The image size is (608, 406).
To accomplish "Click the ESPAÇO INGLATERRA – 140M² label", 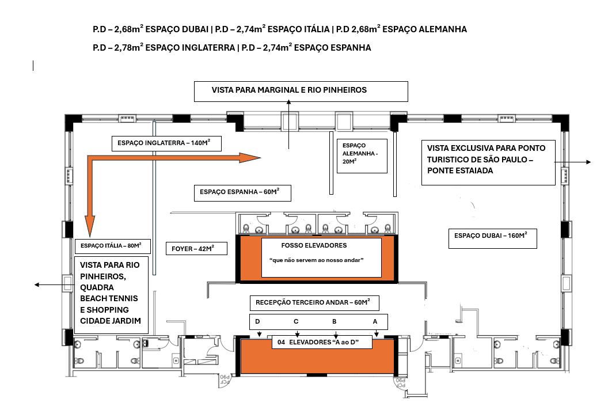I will [x=166, y=143].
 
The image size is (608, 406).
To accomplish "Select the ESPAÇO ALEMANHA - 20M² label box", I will [x=361, y=154].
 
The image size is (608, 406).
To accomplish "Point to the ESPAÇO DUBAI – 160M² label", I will [x=492, y=236].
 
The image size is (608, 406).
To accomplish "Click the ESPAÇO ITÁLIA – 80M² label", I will [x=112, y=246].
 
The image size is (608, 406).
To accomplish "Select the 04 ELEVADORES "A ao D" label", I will [x=322, y=343].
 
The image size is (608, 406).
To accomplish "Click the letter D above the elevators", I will [x=258, y=321].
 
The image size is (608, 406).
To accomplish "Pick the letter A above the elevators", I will [x=375, y=321].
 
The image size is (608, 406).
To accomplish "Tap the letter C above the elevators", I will [x=296, y=321].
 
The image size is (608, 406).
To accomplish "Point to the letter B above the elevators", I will [x=335, y=321].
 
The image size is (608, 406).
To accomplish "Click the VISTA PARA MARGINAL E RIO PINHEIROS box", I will [x=301, y=91].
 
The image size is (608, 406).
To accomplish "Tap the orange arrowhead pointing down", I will [x=89, y=225].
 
